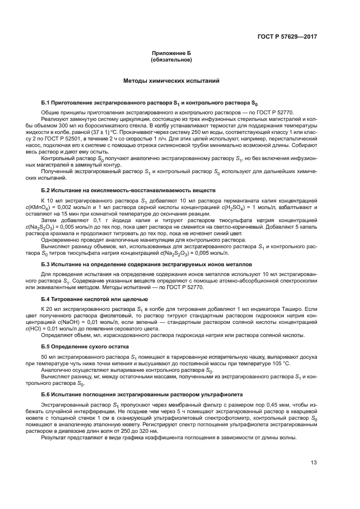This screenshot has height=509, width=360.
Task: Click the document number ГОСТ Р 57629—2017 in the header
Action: [287, 36]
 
